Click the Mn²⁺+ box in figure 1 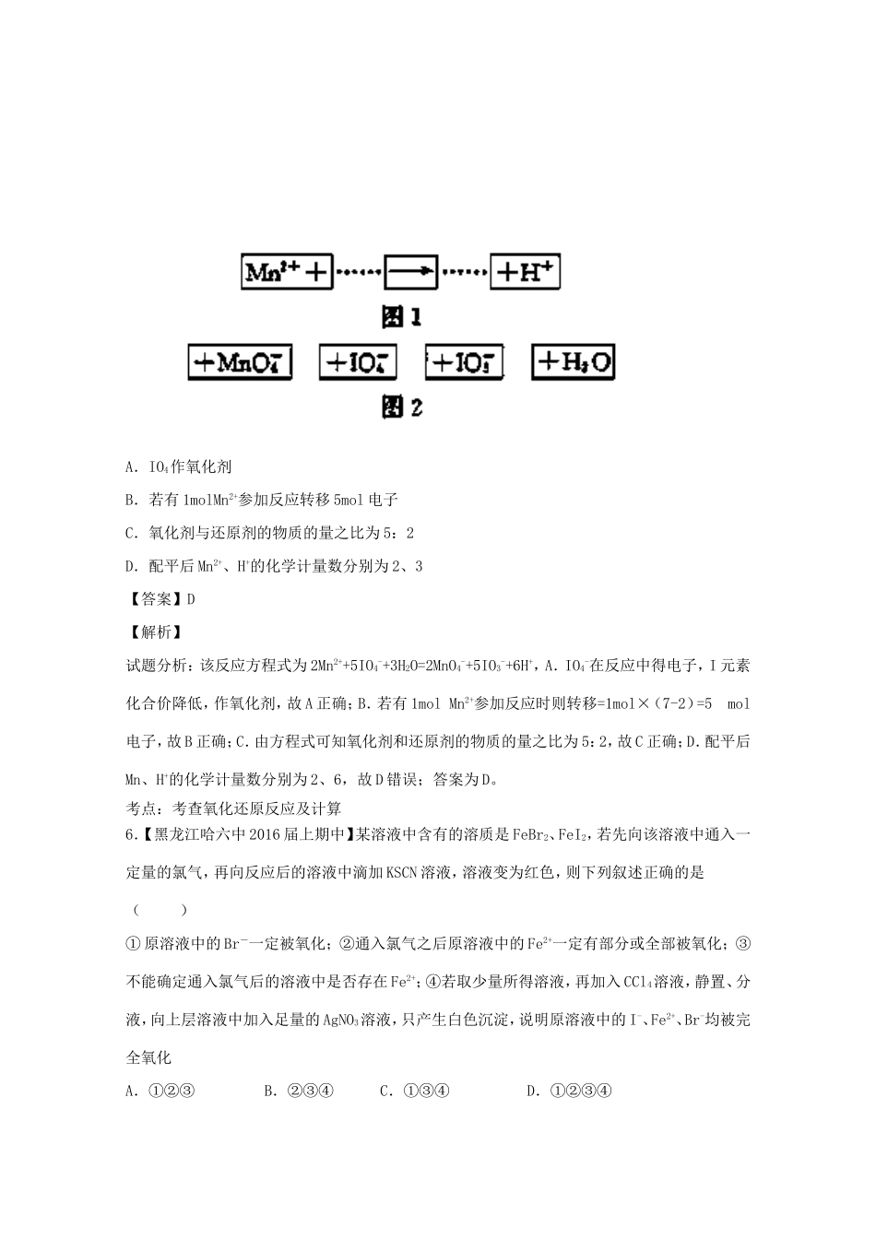click(287, 272)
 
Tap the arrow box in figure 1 click(410, 271)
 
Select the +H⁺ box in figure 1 click(525, 271)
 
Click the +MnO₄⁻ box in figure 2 click(240, 361)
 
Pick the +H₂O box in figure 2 click(573, 361)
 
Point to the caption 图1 click(402, 317)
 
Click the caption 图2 click(402, 407)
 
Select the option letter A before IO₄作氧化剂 click(130, 466)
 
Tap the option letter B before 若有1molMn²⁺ click(130, 500)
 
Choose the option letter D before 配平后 click(130, 566)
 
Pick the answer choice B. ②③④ click(297, 1091)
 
